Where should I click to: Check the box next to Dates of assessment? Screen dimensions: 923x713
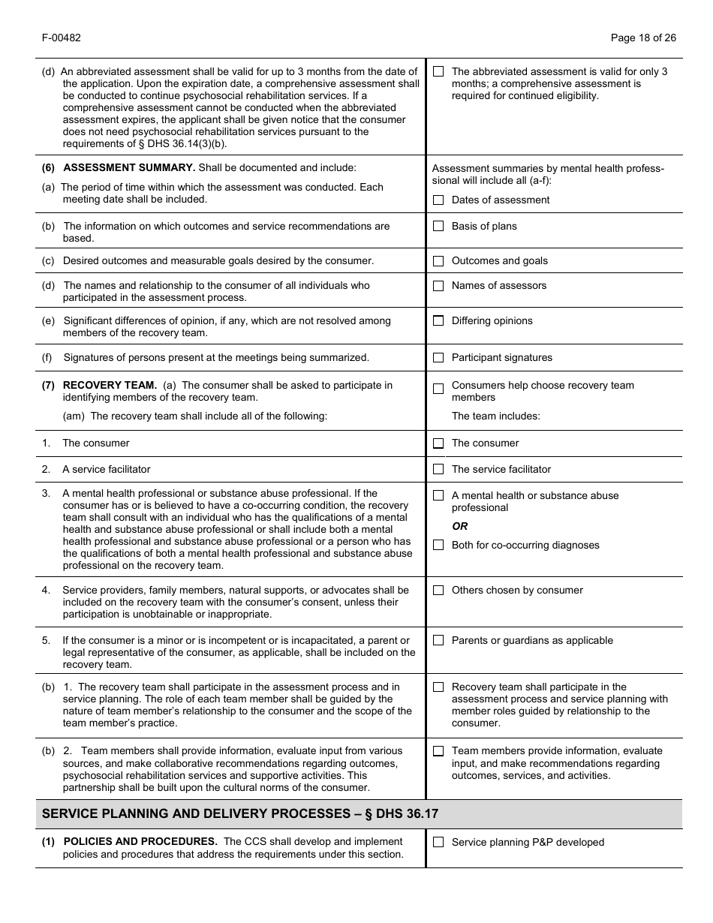(438, 200)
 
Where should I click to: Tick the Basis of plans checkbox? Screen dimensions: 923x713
(438, 227)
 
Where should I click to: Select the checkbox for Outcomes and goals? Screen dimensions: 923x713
(438, 261)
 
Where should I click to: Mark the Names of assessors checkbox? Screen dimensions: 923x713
(438, 286)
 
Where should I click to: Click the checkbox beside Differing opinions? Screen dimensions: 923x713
(438, 321)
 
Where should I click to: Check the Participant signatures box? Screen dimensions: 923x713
(438, 358)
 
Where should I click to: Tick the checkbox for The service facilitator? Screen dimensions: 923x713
(438, 470)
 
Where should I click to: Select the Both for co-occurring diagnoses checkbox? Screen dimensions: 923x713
(438, 546)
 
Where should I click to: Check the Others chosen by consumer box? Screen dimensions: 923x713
(438, 591)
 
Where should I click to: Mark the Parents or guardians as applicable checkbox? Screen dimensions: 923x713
(438, 641)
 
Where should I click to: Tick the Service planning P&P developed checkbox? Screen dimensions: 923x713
(438, 843)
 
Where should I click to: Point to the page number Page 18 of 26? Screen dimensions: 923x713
(643, 38)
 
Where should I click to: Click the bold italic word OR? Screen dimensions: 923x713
(459, 527)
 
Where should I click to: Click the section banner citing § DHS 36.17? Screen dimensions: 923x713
(240, 814)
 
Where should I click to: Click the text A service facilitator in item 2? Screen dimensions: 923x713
(106, 470)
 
